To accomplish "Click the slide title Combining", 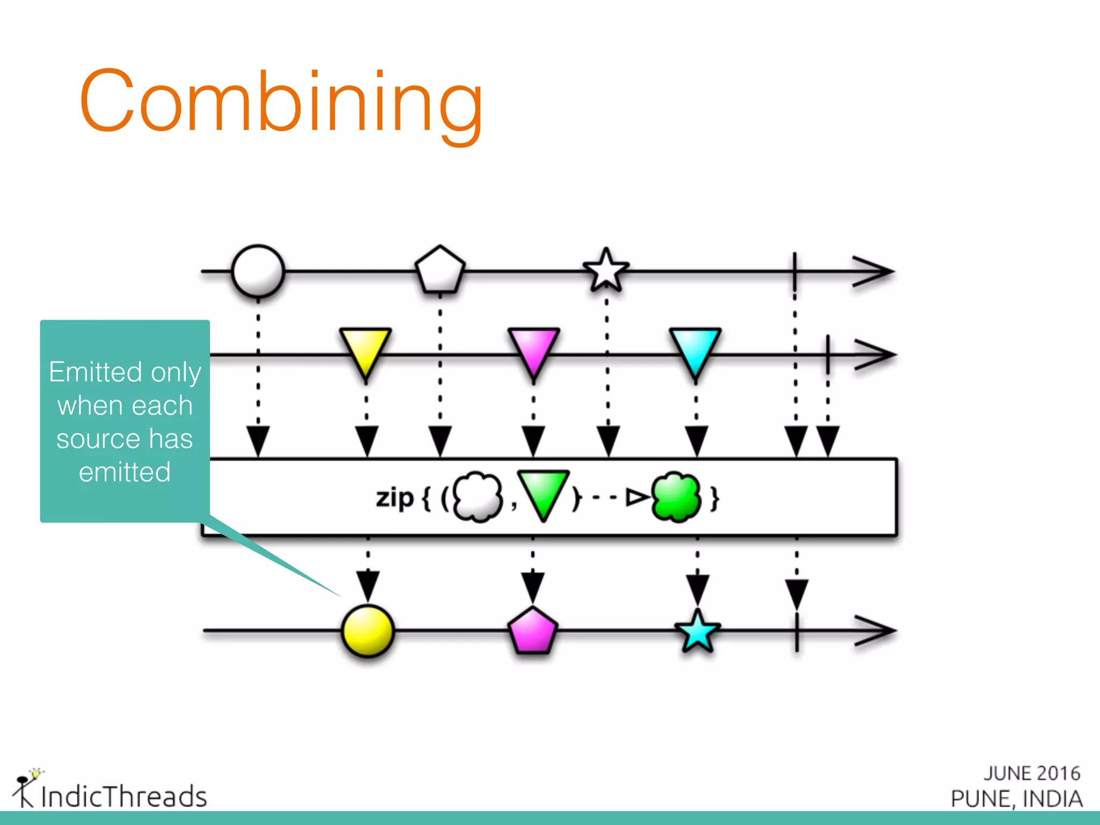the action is [x=281, y=102].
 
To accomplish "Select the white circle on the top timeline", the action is [x=258, y=271].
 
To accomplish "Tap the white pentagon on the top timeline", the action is [x=440, y=270].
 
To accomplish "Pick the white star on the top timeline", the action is [x=606, y=270].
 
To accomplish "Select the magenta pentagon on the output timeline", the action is [x=532, y=632].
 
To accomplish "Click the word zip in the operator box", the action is [x=394, y=498].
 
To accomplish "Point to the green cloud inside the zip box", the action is [x=676, y=497].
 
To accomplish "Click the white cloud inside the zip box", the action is [x=477, y=497].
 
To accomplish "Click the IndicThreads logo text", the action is [x=124, y=796].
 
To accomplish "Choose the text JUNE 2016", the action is [x=1032, y=773].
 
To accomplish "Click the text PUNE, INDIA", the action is [x=1016, y=799].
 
